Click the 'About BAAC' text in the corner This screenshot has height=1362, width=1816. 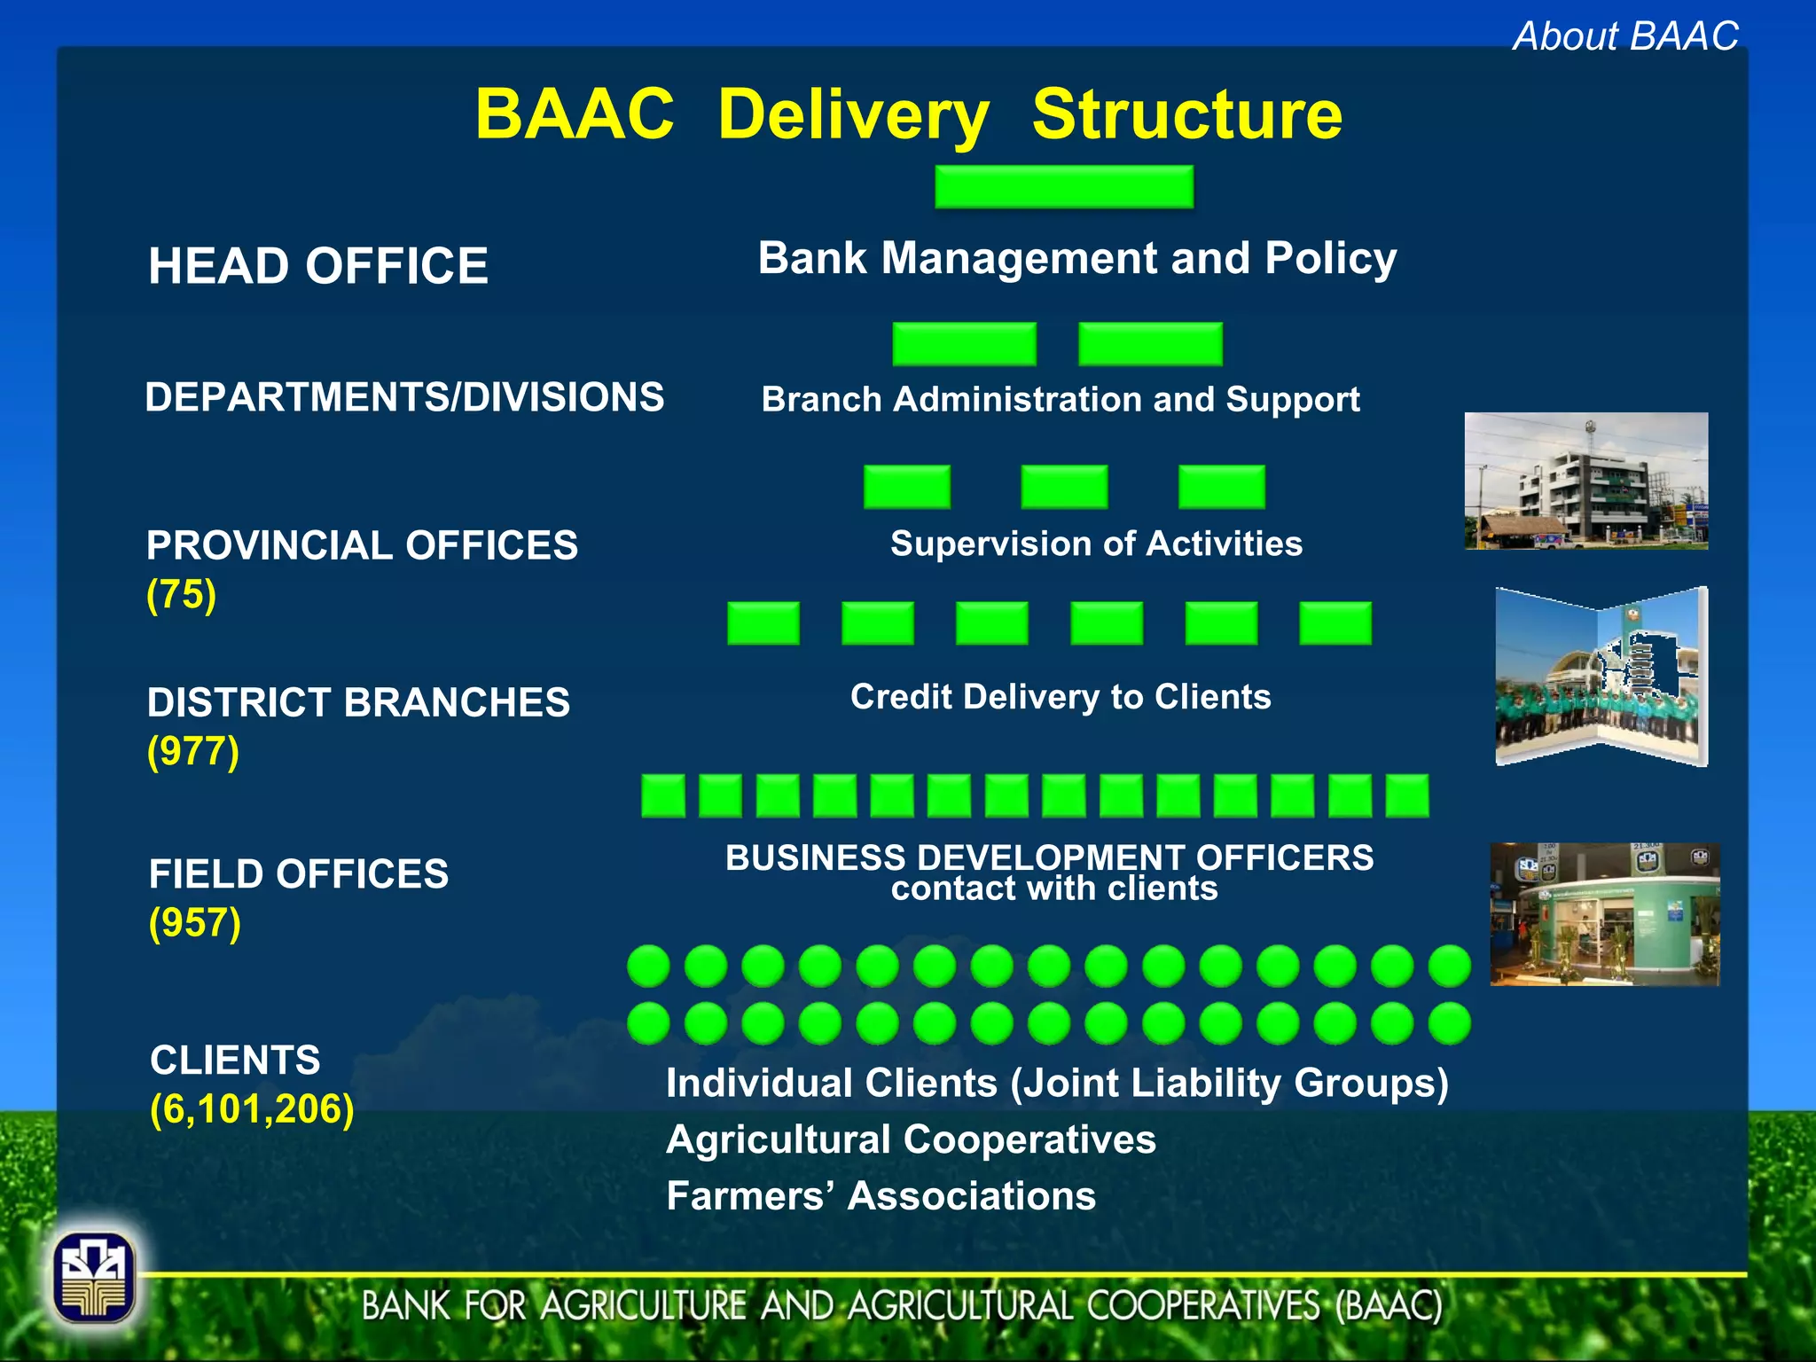(x=1624, y=36)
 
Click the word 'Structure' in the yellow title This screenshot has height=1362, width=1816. (x=1186, y=114)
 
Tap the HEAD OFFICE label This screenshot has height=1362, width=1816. (x=317, y=266)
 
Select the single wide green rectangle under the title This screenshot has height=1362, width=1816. (x=1063, y=187)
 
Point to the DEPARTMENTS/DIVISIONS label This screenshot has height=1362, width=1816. (x=404, y=397)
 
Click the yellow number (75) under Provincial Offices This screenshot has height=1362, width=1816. (x=182, y=594)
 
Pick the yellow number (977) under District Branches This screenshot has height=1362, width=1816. (x=193, y=751)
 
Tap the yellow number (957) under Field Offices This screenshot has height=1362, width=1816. (x=195, y=922)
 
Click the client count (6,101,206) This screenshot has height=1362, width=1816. (x=252, y=1109)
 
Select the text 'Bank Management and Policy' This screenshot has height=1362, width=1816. (x=1076, y=259)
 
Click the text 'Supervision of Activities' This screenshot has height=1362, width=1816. (x=1096, y=544)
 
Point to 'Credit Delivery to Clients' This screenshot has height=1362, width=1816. (x=1061, y=697)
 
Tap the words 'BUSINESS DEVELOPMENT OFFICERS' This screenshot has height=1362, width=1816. (x=1049, y=857)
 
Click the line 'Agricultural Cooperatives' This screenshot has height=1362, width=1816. (x=911, y=1139)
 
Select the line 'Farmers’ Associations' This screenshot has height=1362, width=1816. (x=881, y=1196)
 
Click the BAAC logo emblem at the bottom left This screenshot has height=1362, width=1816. (x=94, y=1278)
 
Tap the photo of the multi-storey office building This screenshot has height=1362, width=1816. (x=1585, y=481)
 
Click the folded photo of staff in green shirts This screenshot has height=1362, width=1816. (x=1601, y=677)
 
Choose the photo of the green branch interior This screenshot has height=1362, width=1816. (x=1604, y=914)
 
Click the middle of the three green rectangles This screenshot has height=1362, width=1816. (x=1064, y=487)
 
